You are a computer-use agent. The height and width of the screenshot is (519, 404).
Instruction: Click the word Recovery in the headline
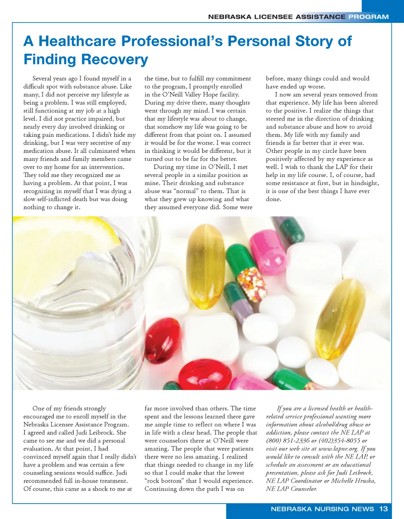pyautogui.click(x=115, y=59)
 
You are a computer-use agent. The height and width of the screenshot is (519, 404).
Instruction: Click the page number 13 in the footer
pyautogui.click(x=383, y=509)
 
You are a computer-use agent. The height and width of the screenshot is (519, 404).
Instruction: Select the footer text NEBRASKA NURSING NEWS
pyautogui.click(x=322, y=509)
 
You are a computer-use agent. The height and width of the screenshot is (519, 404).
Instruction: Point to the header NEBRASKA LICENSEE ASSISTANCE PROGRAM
pyautogui.click(x=298, y=17)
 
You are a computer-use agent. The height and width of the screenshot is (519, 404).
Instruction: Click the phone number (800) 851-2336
pyautogui.click(x=288, y=441)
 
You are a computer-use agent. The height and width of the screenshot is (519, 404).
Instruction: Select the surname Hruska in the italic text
pyautogui.click(x=363, y=481)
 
